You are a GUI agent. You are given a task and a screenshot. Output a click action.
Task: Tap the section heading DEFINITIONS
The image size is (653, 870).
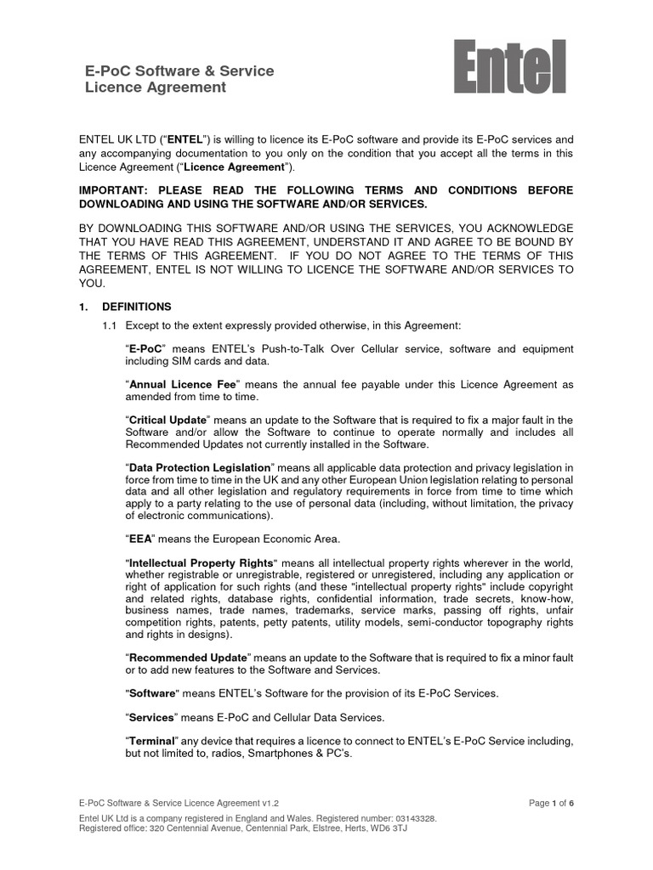click(x=136, y=307)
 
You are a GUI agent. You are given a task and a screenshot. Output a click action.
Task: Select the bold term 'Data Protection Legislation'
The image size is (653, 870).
click(x=199, y=468)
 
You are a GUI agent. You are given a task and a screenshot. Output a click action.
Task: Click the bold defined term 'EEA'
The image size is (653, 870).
click(x=139, y=539)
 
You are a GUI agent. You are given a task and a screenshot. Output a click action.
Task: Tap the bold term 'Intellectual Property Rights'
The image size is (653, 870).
click(x=202, y=563)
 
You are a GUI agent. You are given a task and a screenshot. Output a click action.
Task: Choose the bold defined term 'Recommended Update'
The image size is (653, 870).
click(x=187, y=658)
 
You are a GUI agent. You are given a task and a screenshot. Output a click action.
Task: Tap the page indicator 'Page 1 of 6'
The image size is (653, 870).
click(x=552, y=803)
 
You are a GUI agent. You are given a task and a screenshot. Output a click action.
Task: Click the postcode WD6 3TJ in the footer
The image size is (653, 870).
click(x=387, y=828)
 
